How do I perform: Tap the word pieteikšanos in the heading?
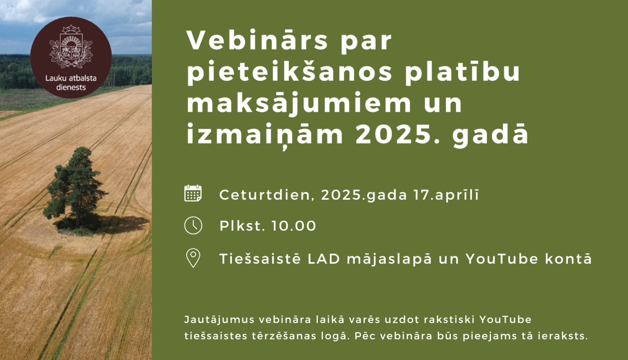289,72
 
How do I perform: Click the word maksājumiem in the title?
299,103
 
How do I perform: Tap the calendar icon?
193,193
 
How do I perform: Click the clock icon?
193,226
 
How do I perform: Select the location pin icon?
193,258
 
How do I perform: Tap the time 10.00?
293,226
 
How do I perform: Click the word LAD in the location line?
324,259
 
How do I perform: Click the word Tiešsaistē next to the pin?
260,259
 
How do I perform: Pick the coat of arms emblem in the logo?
70,47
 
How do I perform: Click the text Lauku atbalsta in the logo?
71,78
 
